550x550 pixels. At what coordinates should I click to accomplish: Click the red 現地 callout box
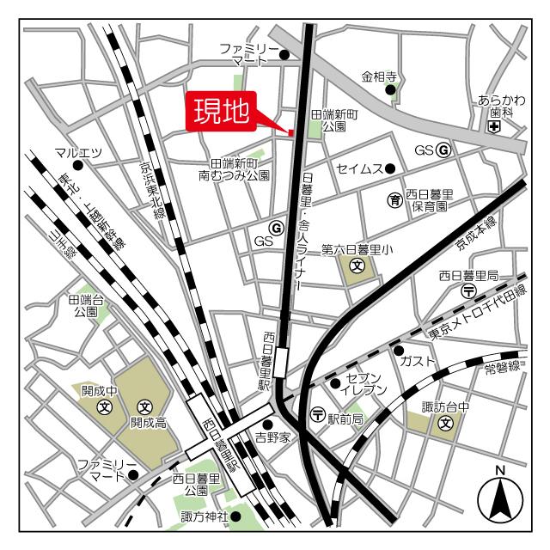[222, 111]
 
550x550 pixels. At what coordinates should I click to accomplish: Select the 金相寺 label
[378, 76]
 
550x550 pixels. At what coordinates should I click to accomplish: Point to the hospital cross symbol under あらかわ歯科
[495, 127]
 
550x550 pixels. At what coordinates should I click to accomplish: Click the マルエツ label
[78, 153]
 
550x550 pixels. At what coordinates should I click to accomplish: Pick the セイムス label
[358, 168]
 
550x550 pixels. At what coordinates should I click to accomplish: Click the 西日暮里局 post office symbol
[469, 291]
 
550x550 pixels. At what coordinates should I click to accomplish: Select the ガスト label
[419, 361]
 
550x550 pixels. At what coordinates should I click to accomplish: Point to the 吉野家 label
[274, 437]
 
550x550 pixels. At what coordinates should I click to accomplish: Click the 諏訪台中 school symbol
[446, 423]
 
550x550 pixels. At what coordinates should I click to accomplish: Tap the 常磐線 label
[503, 368]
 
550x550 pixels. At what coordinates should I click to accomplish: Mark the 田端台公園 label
[86, 306]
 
